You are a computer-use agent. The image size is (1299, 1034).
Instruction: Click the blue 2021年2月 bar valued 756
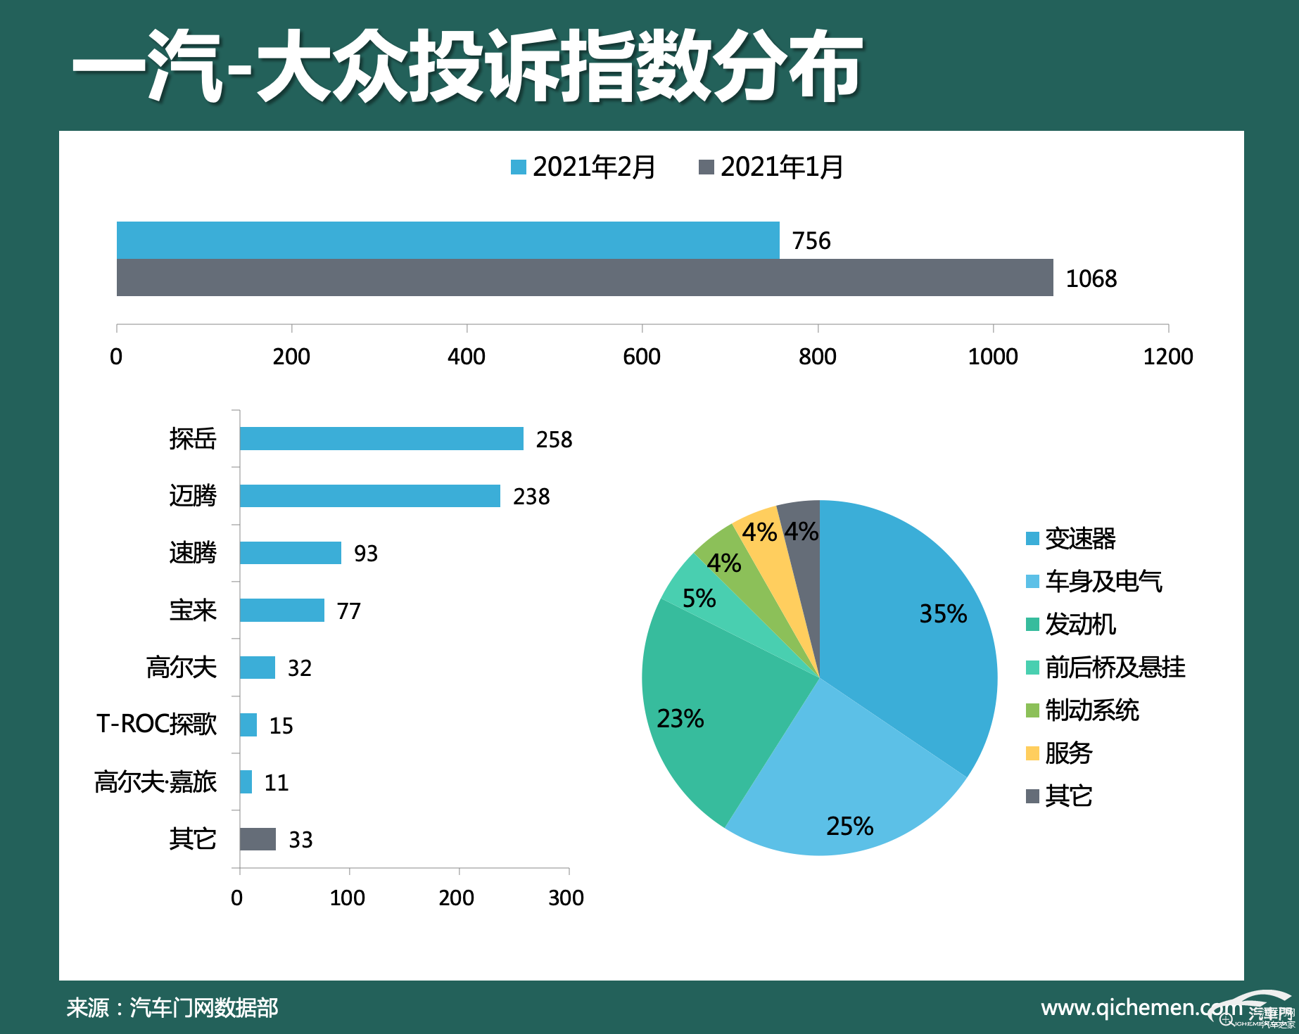coord(448,240)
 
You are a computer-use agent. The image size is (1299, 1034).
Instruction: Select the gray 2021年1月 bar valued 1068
coord(584,278)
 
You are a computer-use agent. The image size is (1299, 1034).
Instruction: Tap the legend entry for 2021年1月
coord(771,167)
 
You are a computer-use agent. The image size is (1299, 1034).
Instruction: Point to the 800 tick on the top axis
coord(817,357)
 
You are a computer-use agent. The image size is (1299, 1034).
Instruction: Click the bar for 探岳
coord(381,438)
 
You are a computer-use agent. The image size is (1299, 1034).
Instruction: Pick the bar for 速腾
coord(290,553)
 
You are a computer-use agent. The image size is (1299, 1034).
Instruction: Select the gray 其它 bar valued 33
coord(258,839)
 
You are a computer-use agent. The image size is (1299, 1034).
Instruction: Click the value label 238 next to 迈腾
coord(531,497)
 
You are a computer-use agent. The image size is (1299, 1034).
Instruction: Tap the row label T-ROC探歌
coord(156,725)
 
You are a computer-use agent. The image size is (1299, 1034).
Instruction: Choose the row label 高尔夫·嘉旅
coord(156,782)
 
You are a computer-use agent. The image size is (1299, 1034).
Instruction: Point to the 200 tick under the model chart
coord(457,898)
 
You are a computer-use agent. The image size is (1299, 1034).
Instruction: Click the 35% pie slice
coord(908,633)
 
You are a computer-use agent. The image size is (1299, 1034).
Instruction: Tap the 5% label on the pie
coord(699,599)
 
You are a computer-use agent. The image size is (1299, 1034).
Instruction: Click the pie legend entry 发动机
coord(1079,625)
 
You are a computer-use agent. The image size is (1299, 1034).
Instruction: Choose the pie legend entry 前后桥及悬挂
coord(1115,668)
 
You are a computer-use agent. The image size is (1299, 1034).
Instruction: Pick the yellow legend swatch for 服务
coord(1032,753)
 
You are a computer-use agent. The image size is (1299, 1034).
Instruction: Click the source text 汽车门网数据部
coord(204,1008)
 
